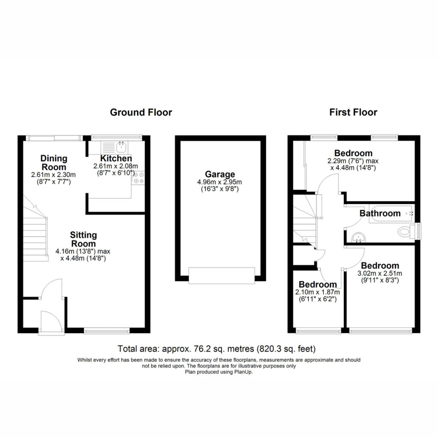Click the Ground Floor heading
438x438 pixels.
pos(141,112)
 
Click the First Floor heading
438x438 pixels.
pos(353,112)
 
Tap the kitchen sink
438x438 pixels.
pos(115,147)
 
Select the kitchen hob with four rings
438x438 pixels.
pos(138,178)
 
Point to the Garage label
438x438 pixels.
pos(220,175)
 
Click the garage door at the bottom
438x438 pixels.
pos(222,275)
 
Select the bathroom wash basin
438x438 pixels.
pos(358,238)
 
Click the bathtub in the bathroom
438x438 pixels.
pos(391,214)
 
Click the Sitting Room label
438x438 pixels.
pos(83,239)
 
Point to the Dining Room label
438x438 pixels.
pos(54,163)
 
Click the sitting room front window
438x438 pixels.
pos(107,331)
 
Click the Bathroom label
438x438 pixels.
pos(380,213)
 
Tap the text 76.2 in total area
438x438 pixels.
pos(201,349)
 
